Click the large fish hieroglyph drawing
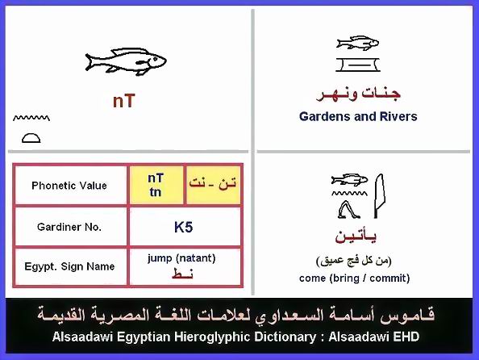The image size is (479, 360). coord(126,62)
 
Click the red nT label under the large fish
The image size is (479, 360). coord(123,101)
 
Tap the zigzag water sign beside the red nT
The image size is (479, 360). coord(31,118)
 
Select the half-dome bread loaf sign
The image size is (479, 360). coord(31,138)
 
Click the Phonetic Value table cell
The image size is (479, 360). coord(69,186)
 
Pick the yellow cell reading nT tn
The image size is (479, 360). coord(156,185)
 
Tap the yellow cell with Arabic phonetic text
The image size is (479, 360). coord(213,185)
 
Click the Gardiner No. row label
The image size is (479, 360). coord(69,227)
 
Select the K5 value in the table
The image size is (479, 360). coord(183,228)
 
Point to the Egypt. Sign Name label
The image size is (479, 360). coord(69,266)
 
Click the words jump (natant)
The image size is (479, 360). coord(181,258)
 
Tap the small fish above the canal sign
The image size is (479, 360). coord(357,43)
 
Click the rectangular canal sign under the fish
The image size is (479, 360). coord(358,65)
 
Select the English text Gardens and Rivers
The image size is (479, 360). coord(358,116)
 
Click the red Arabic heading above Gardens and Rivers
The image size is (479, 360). coord(358,94)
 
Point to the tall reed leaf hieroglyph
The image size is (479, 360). coord(380,196)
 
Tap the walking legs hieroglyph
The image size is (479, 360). coord(349,210)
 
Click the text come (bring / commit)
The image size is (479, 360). coord(354,278)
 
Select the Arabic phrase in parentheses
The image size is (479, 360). coord(354,261)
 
